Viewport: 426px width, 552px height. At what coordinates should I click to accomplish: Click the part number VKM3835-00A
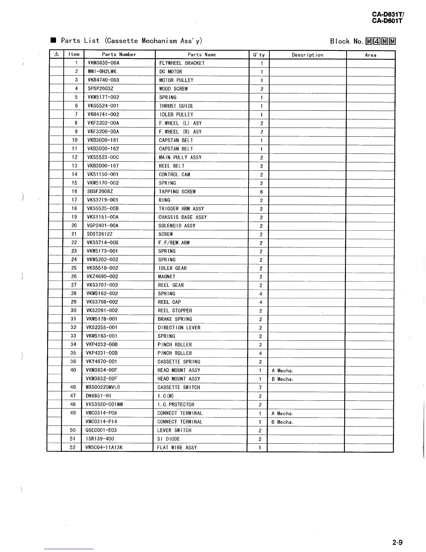[103, 63]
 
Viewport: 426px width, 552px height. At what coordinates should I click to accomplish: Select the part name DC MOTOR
[171, 72]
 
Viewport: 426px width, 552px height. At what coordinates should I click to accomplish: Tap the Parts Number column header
[119, 54]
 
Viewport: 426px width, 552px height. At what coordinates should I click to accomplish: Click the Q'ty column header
[259, 55]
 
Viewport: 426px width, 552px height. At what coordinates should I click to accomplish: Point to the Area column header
[370, 55]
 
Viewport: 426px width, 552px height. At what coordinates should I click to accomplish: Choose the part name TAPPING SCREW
[177, 192]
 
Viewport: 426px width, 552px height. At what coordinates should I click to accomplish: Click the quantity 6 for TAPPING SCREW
[261, 192]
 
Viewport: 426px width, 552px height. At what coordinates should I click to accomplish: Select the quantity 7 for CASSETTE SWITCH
[260, 388]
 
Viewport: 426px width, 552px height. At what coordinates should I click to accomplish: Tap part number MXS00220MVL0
[103, 387]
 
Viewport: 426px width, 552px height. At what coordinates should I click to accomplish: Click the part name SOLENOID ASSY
[177, 226]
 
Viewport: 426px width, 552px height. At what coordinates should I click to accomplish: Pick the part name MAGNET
[167, 277]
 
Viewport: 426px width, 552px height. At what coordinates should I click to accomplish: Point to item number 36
[73, 361]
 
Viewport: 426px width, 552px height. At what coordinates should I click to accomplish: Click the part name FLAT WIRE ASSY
[177, 447]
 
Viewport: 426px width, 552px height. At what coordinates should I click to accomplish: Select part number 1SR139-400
[100, 439]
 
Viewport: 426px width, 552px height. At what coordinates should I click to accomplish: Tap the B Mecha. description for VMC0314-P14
[282, 422]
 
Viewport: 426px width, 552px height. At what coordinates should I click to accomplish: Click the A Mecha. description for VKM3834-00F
[283, 371]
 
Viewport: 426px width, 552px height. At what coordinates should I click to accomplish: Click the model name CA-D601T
[387, 21]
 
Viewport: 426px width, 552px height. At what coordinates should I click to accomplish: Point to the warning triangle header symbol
[56, 54]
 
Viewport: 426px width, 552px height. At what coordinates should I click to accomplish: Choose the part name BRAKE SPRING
[175, 319]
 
